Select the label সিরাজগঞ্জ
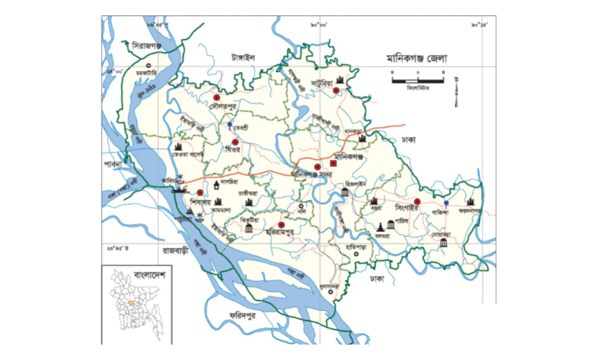pyautogui.click(x=145, y=46)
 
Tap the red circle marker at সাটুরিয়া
pyautogui.click(x=336, y=91)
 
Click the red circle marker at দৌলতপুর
pyautogui.click(x=217, y=99)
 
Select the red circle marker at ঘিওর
pyautogui.click(x=235, y=142)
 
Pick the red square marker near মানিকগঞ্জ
pyautogui.click(x=333, y=163)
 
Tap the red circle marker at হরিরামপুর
pyautogui.click(x=281, y=224)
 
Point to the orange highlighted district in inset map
pyautogui.click(x=132, y=303)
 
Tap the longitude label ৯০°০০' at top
pyautogui.click(x=319, y=26)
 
